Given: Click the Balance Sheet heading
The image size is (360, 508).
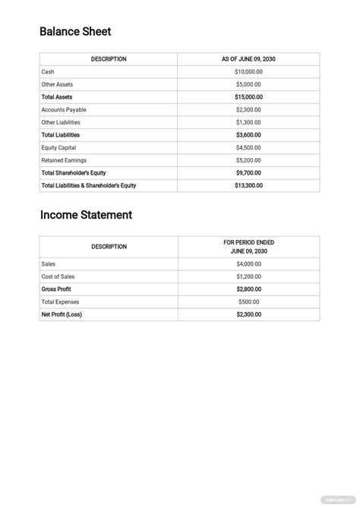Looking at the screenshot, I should coord(75,32).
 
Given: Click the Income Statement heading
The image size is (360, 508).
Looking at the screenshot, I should coord(86,215).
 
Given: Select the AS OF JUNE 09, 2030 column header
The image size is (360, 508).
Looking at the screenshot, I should coord(248,59).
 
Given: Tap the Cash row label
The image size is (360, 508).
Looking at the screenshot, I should coord(48,71).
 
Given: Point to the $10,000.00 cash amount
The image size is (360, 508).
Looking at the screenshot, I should coord(248,71).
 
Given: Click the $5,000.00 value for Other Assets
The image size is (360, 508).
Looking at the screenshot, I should coord(248,84).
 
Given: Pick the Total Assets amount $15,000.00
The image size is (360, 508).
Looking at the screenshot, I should coord(248,97).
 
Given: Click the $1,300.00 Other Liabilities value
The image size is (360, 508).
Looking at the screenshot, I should coord(248,122).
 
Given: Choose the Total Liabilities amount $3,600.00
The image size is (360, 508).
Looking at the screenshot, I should coord(248,135).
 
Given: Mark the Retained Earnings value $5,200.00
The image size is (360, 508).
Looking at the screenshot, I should coord(248,160).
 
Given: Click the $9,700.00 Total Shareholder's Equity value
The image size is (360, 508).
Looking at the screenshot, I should coord(248,173).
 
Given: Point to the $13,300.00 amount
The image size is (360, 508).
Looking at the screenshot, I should coord(248,185).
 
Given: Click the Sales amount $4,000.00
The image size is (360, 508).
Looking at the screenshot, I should coord(248,263).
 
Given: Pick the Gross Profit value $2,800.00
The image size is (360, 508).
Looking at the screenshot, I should coord(248,289).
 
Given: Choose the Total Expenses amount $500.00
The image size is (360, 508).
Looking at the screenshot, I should coord(248,301).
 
